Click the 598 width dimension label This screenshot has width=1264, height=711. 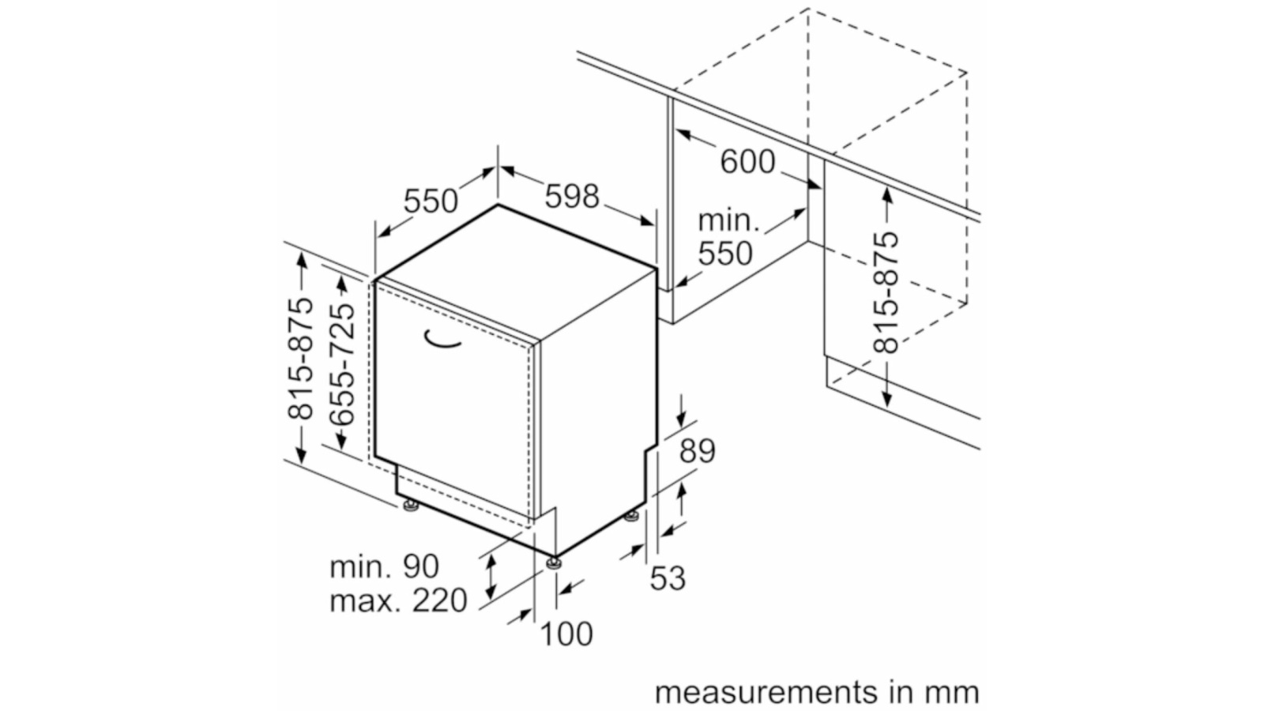tap(572, 196)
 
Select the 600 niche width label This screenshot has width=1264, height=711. tap(747, 162)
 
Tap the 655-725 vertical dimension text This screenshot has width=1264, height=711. tap(342, 365)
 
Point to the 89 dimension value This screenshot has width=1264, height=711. tap(697, 451)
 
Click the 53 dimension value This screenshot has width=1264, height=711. tap(668, 578)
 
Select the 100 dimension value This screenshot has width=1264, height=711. tap(566, 634)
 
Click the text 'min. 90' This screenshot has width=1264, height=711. tap(384, 566)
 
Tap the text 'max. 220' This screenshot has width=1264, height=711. tap(398, 601)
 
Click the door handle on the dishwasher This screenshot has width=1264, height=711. tap(442, 339)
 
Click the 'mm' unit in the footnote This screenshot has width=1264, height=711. tap(951, 692)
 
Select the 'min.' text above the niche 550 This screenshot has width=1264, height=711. tap(728, 220)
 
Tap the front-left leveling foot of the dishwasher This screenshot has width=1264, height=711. tap(410, 506)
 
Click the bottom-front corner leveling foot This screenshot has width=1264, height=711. tap(553, 562)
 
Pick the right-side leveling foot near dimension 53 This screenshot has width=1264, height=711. tap(631, 517)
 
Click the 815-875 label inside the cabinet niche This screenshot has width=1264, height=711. tap(887, 292)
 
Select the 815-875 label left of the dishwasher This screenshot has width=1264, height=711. tap(301, 358)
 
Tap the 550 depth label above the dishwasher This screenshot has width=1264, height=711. tap(431, 201)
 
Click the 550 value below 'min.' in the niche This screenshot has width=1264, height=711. tap(725, 254)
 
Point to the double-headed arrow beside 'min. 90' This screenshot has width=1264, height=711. tap(491, 576)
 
